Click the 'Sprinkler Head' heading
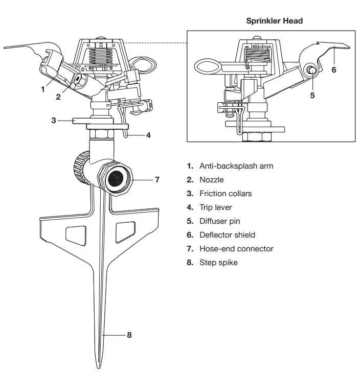click(274, 21)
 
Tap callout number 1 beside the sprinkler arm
click(43, 88)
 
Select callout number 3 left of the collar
click(53, 121)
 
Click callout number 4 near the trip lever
click(148, 135)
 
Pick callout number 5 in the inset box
click(312, 95)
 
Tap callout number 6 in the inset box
click(334, 69)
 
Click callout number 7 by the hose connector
click(157, 180)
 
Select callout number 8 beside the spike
click(129, 335)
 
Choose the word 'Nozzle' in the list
click(211, 180)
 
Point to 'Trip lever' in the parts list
click(215, 207)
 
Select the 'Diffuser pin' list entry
click(219, 221)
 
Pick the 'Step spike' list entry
click(218, 263)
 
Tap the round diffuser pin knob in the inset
click(310, 70)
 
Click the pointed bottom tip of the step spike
click(99, 366)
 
